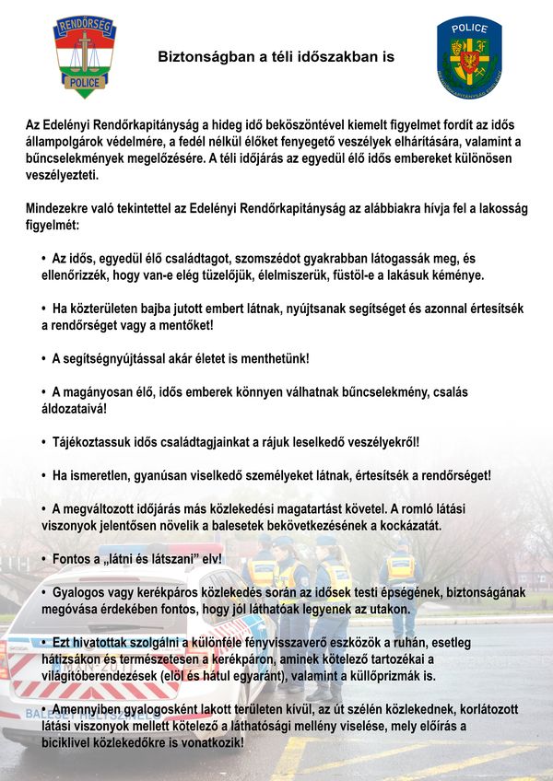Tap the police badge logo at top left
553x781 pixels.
click(x=85, y=57)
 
